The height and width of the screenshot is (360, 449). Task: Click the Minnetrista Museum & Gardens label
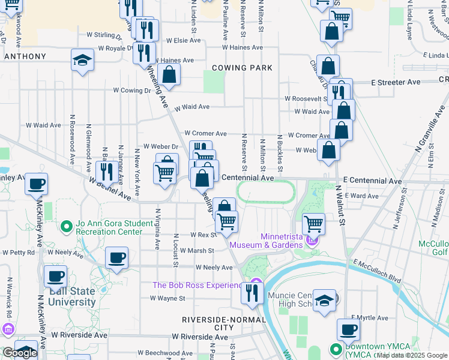(x=281, y=241)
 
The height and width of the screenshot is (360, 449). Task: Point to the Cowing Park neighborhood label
(x=241, y=68)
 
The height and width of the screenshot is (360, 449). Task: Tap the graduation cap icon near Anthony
(x=83, y=60)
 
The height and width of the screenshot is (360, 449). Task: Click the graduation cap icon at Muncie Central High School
(x=325, y=301)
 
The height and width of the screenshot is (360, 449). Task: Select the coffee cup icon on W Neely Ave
(x=116, y=258)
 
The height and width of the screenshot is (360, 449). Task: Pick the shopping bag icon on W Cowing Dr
(x=170, y=75)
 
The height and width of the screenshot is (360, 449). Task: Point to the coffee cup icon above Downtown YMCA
(x=349, y=329)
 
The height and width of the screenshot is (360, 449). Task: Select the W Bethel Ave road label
(x=110, y=188)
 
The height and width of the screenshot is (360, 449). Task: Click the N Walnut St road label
(x=342, y=206)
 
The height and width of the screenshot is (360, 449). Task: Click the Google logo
(x=20, y=353)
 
